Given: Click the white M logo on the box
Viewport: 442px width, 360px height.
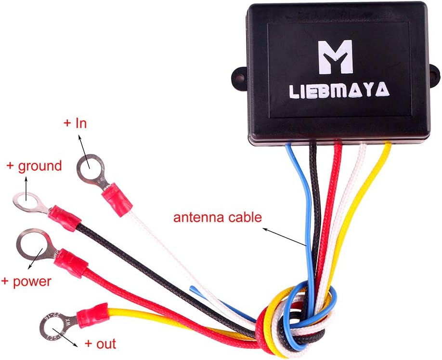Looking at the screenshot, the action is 335,57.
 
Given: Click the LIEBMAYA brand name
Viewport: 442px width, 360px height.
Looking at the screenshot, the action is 339,90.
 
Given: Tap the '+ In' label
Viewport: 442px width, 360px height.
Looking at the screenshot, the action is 75,123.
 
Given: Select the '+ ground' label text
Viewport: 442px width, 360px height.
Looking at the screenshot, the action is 34,166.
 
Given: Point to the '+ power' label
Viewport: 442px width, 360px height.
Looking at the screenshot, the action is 26,281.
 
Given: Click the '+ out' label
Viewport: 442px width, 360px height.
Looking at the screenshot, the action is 100,344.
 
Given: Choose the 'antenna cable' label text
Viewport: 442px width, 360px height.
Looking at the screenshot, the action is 217,217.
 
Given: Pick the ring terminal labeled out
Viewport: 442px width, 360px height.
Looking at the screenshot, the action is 57,327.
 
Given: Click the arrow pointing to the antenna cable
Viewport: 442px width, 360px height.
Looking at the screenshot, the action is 285,237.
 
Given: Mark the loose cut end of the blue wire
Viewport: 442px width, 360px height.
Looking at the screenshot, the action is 192,288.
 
